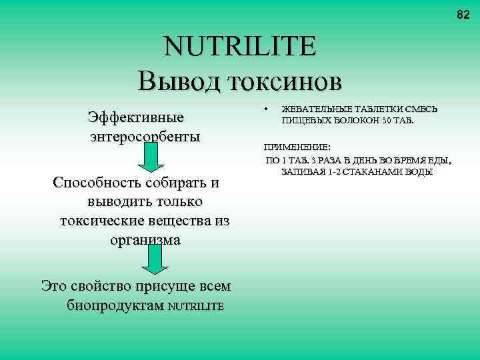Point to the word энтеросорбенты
(x=145, y=137)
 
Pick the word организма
(x=145, y=240)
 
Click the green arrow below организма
(x=155, y=259)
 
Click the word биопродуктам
(x=115, y=306)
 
